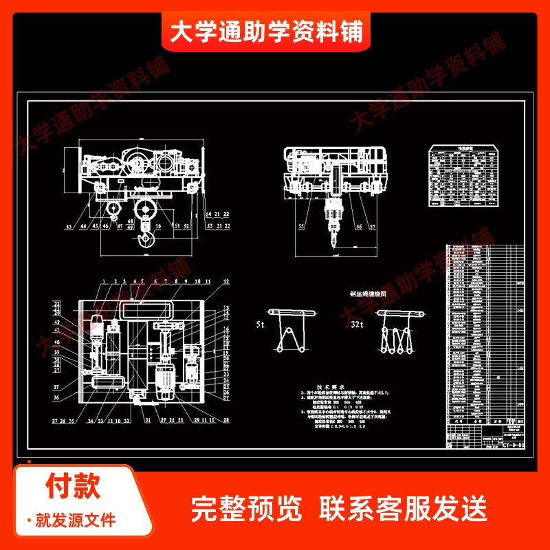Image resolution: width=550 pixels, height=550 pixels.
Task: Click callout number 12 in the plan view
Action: tap(226, 283)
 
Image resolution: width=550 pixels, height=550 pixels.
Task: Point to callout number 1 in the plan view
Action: tap(102, 282)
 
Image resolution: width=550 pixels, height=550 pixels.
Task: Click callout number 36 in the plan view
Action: tap(56, 397)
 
